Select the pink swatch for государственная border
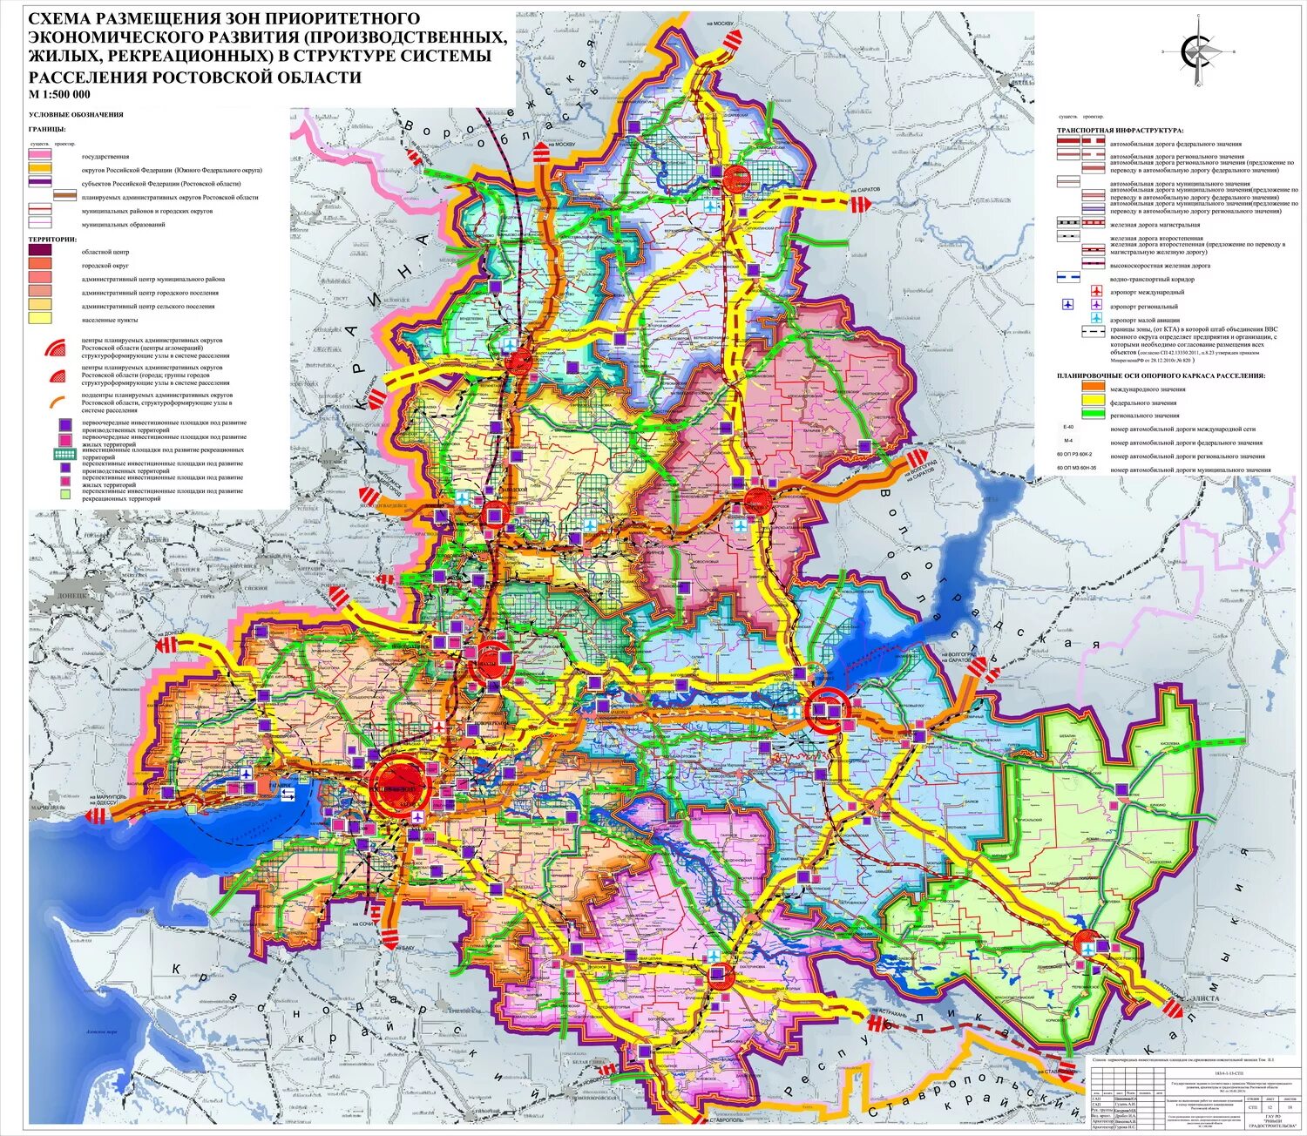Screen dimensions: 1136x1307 40,155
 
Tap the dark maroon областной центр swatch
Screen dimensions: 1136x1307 40,250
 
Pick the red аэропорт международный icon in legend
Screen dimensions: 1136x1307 1096,292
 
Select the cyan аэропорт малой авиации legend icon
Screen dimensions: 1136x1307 1096,319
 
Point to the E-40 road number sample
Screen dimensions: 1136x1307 1068,428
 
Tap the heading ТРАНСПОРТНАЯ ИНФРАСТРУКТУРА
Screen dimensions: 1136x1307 1119,130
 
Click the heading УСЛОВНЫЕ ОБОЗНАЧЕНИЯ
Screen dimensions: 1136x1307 76,115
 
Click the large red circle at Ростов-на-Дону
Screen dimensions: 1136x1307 400,785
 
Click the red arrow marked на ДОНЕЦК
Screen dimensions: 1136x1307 167,645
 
